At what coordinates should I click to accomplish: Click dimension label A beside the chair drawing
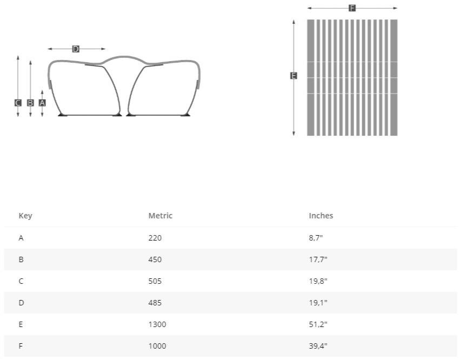tap(42, 103)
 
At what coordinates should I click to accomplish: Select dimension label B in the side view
tap(30, 103)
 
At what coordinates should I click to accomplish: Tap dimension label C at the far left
tap(18, 103)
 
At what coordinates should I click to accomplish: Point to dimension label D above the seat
tap(76, 49)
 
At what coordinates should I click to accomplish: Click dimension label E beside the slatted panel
tap(294, 76)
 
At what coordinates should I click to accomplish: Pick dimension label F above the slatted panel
tap(352, 8)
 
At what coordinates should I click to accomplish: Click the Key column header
tap(25, 216)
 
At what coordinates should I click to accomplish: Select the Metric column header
tap(160, 216)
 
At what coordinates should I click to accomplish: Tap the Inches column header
tap(321, 216)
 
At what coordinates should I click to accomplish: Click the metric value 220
tap(155, 238)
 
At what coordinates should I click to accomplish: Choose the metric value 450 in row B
tap(155, 259)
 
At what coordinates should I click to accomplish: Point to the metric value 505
tap(155, 281)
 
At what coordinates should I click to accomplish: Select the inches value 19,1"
tap(318, 303)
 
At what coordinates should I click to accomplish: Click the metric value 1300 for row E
tap(157, 324)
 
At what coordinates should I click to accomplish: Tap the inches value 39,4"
tap(318, 346)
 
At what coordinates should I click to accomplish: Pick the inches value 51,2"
tap(318, 324)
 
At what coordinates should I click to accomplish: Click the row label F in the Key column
tap(21, 346)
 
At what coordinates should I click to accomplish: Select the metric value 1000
tap(157, 346)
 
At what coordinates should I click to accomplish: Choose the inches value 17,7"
tap(318, 259)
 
